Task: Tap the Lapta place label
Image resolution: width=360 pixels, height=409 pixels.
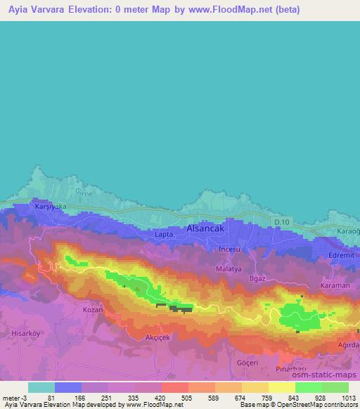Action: pos(164,235)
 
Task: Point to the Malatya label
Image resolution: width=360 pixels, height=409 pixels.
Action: pos(229,268)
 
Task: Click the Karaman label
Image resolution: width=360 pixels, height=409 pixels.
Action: pos(335,286)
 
